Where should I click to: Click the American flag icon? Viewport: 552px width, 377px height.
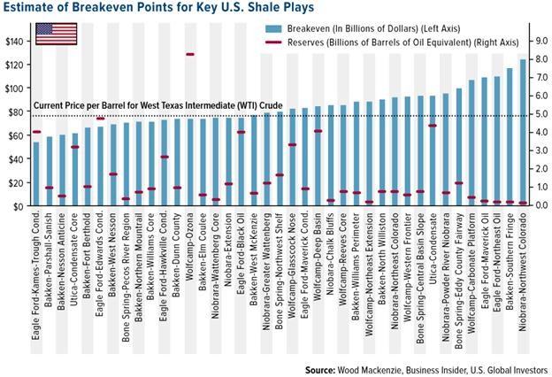coord(54,34)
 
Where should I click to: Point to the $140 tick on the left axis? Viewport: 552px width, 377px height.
coord(15,42)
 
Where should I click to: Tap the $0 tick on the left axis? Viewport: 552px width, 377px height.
coord(19,205)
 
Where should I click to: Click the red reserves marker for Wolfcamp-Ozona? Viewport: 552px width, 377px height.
coord(190,55)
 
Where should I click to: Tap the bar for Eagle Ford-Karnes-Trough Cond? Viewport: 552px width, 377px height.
coord(35,173)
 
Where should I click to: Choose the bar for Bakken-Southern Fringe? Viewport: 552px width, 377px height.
coord(510,137)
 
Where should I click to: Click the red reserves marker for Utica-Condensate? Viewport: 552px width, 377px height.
coord(433,126)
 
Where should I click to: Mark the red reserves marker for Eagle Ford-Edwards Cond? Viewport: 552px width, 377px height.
coord(100,119)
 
